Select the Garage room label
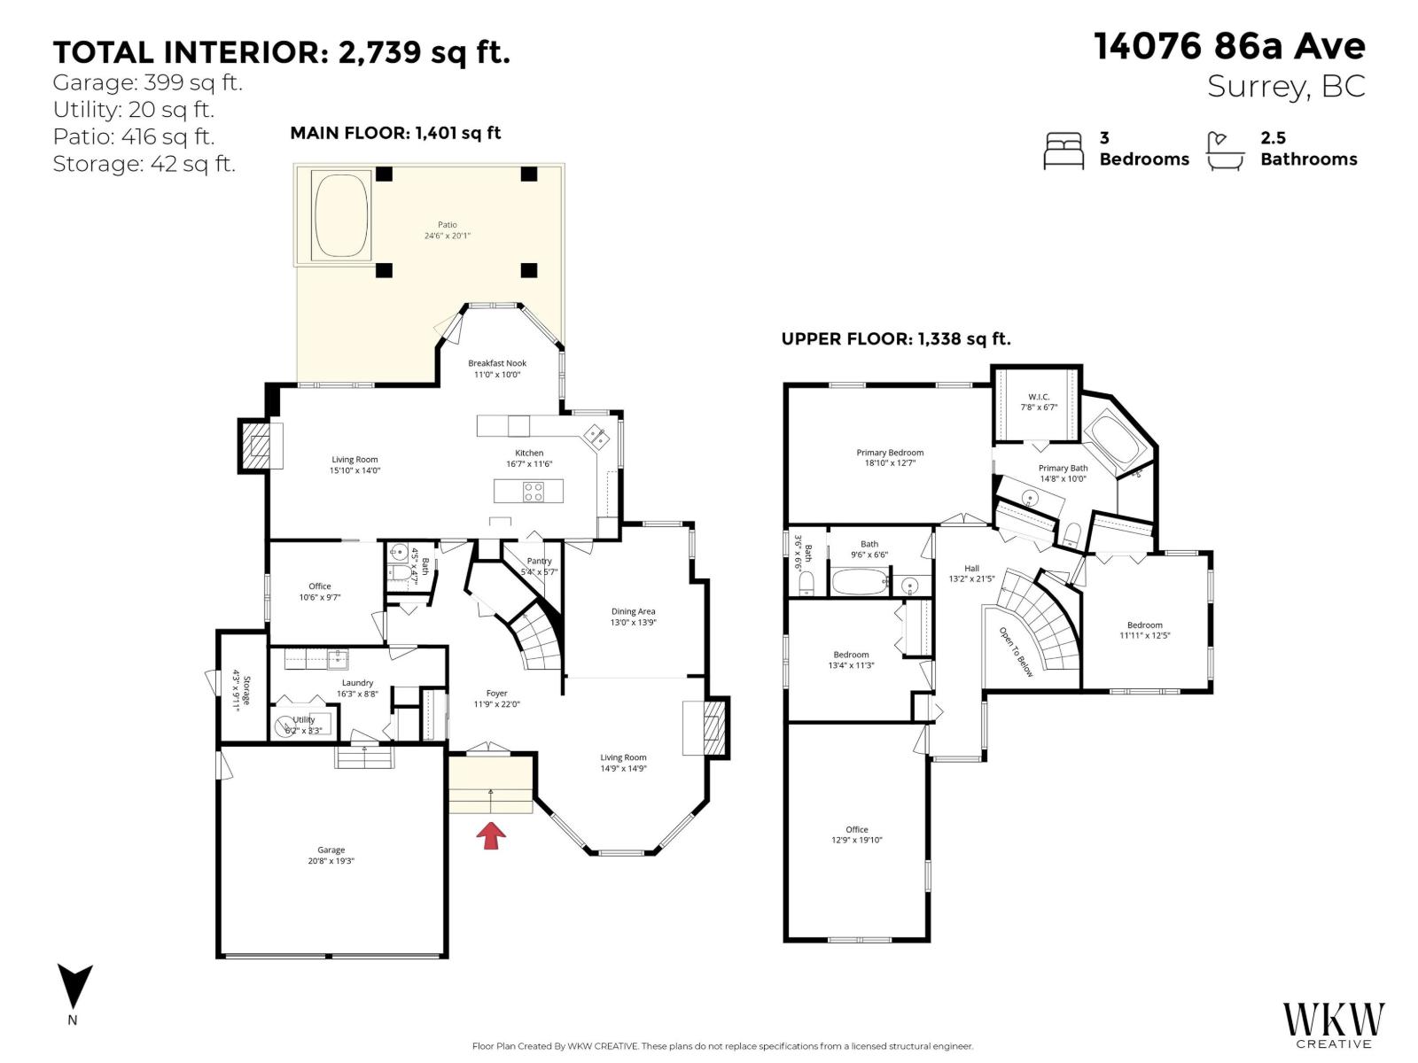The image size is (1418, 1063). click(331, 850)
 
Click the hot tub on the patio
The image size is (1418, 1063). click(340, 215)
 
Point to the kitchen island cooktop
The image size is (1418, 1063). click(534, 491)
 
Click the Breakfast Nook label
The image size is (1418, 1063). click(497, 363)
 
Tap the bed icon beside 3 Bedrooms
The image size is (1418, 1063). click(1063, 151)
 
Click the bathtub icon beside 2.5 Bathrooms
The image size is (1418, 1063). click(1226, 151)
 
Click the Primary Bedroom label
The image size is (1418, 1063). click(890, 453)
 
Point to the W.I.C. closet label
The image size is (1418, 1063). click(1039, 397)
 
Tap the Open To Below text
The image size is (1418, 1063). click(1017, 652)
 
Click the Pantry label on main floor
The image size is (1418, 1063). click(539, 561)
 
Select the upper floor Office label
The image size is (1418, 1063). click(856, 830)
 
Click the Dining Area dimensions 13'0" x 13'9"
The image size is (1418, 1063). click(633, 623)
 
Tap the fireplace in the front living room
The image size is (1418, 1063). click(706, 727)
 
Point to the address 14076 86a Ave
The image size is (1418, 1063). click(1229, 47)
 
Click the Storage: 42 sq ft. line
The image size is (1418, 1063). click(144, 164)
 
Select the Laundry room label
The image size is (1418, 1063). click(357, 683)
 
